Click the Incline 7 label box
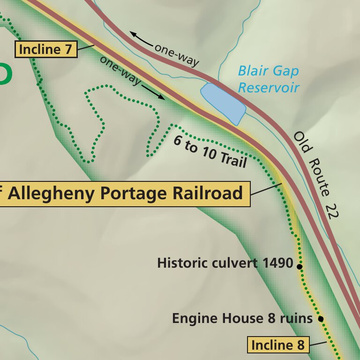point(46,49)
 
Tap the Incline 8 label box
point(278,345)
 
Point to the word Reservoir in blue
point(268,87)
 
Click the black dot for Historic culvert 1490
point(299,266)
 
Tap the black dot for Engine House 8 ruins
point(321,319)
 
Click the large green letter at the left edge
point(5,74)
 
